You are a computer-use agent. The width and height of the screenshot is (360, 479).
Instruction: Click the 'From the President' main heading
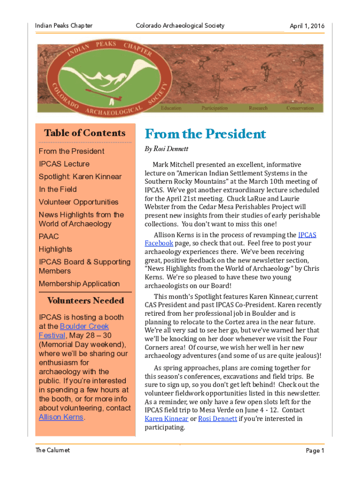point(205,134)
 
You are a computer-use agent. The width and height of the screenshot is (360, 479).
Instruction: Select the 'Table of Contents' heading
point(85,133)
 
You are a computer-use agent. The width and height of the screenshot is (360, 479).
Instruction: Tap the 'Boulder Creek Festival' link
point(84,327)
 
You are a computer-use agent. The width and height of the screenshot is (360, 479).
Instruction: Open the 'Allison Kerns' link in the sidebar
point(61,417)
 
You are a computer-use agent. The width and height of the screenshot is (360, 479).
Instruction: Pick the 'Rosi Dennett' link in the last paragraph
point(217,419)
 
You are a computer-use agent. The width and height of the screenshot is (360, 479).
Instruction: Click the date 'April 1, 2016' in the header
point(307,26)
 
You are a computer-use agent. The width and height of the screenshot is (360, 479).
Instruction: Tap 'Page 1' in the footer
point(315,450)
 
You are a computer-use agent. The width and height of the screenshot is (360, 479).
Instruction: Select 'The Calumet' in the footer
point(52,450)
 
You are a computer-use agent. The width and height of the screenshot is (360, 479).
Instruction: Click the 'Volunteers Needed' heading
point(86,301)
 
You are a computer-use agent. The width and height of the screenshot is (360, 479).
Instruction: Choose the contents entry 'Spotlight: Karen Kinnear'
point(80,177)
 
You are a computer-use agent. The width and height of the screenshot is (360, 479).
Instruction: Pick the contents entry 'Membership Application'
point(79,284)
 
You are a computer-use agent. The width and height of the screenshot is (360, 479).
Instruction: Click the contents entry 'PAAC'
point(49,237)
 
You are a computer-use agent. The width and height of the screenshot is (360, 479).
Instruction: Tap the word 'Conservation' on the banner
point(300,108)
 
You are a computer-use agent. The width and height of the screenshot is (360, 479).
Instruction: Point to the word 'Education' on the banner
point(171,108)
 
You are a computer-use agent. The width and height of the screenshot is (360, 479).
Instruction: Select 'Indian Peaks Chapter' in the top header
point(64,26)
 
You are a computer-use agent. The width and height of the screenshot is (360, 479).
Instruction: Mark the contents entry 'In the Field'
point(58,189)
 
